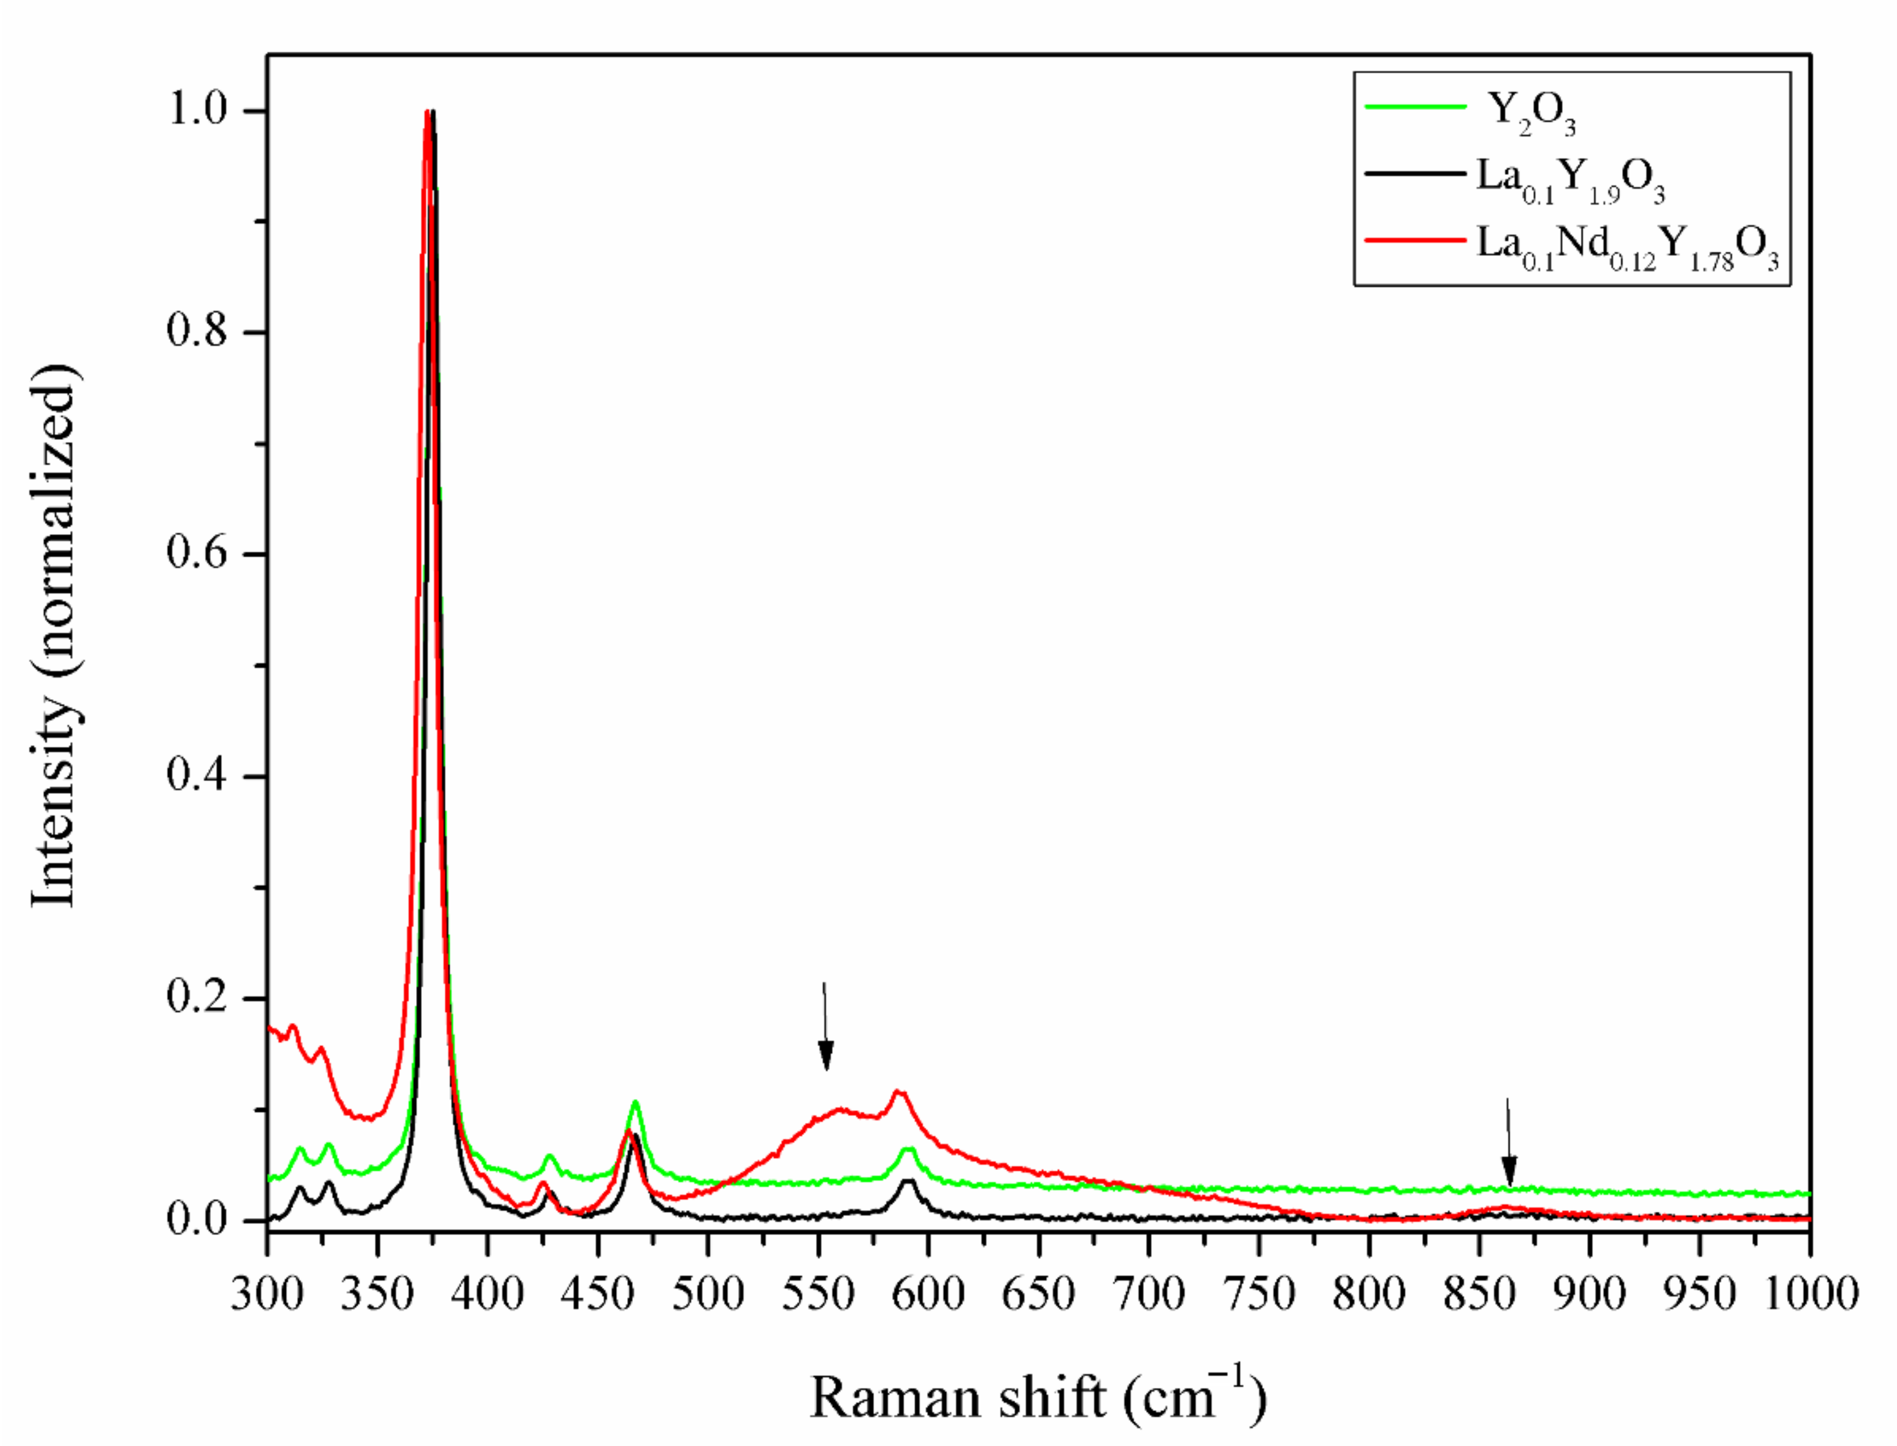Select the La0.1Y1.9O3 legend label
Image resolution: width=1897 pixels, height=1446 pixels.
click(x=1571, y=181)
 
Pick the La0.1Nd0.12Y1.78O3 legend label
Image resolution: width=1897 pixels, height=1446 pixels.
click(x=1627, y=248)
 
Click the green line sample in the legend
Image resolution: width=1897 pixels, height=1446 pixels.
click(x=1415, y=107)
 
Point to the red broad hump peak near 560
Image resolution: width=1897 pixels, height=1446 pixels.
click(x=839, y=1109)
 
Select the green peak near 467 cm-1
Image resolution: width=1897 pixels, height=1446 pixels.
click(x=635, y=1102)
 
